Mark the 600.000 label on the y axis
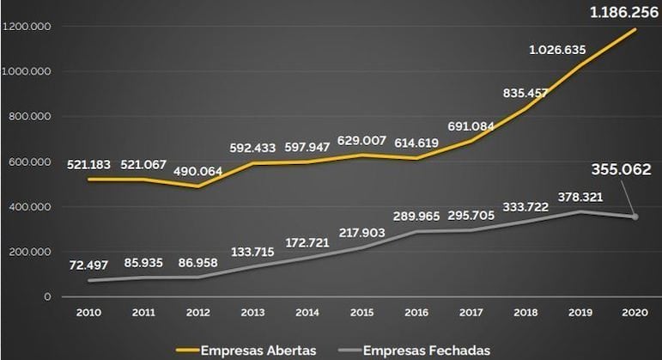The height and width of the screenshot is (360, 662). click(32, 162)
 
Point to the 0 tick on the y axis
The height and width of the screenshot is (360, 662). click(47, 296)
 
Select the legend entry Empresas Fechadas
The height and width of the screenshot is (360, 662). click(427, 350)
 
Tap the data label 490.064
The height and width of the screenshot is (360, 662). click(197, 170)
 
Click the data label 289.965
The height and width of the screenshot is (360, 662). click(418, 215)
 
